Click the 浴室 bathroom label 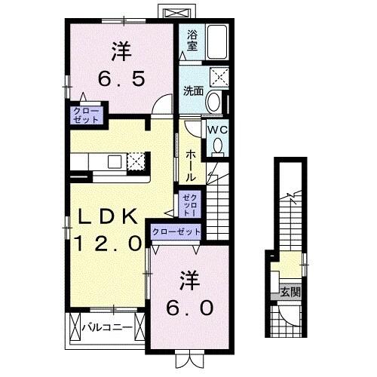tap(192, 38)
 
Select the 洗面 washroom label tap(192, 91)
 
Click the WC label tap(218, 129)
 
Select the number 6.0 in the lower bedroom tap(190, 308)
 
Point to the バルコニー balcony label tap(107, 327)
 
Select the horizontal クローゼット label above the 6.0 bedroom tap(176, 233)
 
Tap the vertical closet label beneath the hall tap(187, 204)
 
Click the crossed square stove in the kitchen tap(136, 161)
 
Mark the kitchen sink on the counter tap(115, 161)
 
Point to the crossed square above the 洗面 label tap(220, 76)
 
